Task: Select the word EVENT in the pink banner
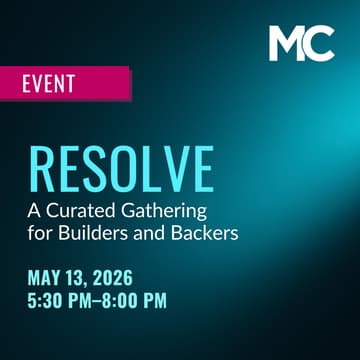[x=48, y=83]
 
